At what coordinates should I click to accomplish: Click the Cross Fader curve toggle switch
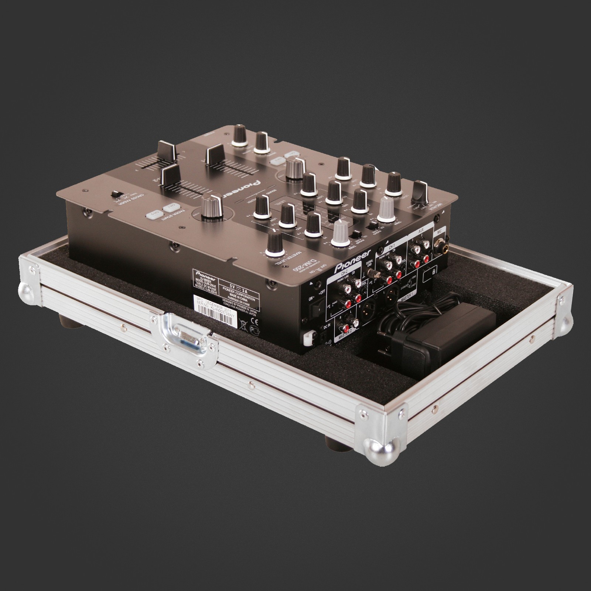click(118, 194)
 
